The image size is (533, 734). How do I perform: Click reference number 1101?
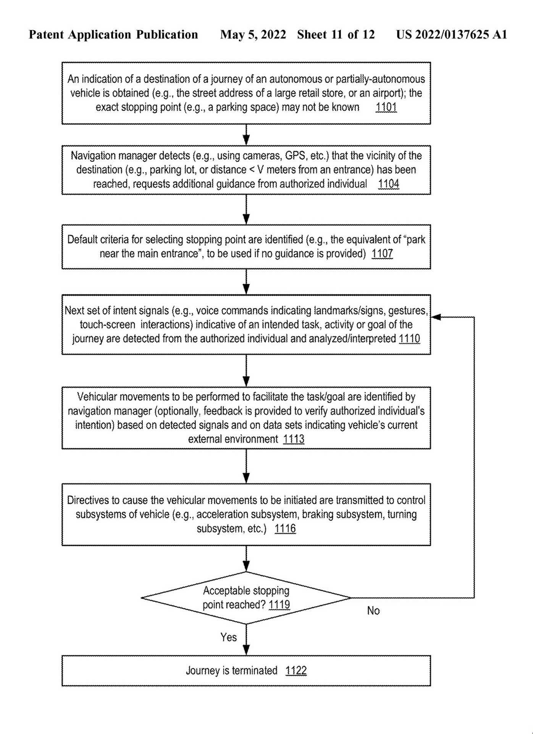(x=386, y=107)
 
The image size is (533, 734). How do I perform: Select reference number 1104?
(x=388, y=184)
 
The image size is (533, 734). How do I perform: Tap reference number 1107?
(x=382, y=253)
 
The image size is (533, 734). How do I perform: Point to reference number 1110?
(x=409, y=339)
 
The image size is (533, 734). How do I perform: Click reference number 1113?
(x=293, y=439)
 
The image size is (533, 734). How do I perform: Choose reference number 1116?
(x=285, y=529)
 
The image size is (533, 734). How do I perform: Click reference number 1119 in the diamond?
(x=279, y=605)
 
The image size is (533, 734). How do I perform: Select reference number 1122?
(x=296, y=671)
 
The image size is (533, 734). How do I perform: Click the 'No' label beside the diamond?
(x=373, y=611)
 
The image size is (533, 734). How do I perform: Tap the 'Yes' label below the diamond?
(x=228, y=637)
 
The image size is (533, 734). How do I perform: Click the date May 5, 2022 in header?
(x=253, y=35)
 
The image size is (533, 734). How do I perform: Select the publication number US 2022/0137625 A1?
(x=451, y=35)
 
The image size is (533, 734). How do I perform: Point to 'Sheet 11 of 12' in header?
(x=336, y=35)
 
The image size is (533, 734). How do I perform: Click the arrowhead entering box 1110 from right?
(x=436, y=317)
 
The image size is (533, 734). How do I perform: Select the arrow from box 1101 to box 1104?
(x=246, y=135)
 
